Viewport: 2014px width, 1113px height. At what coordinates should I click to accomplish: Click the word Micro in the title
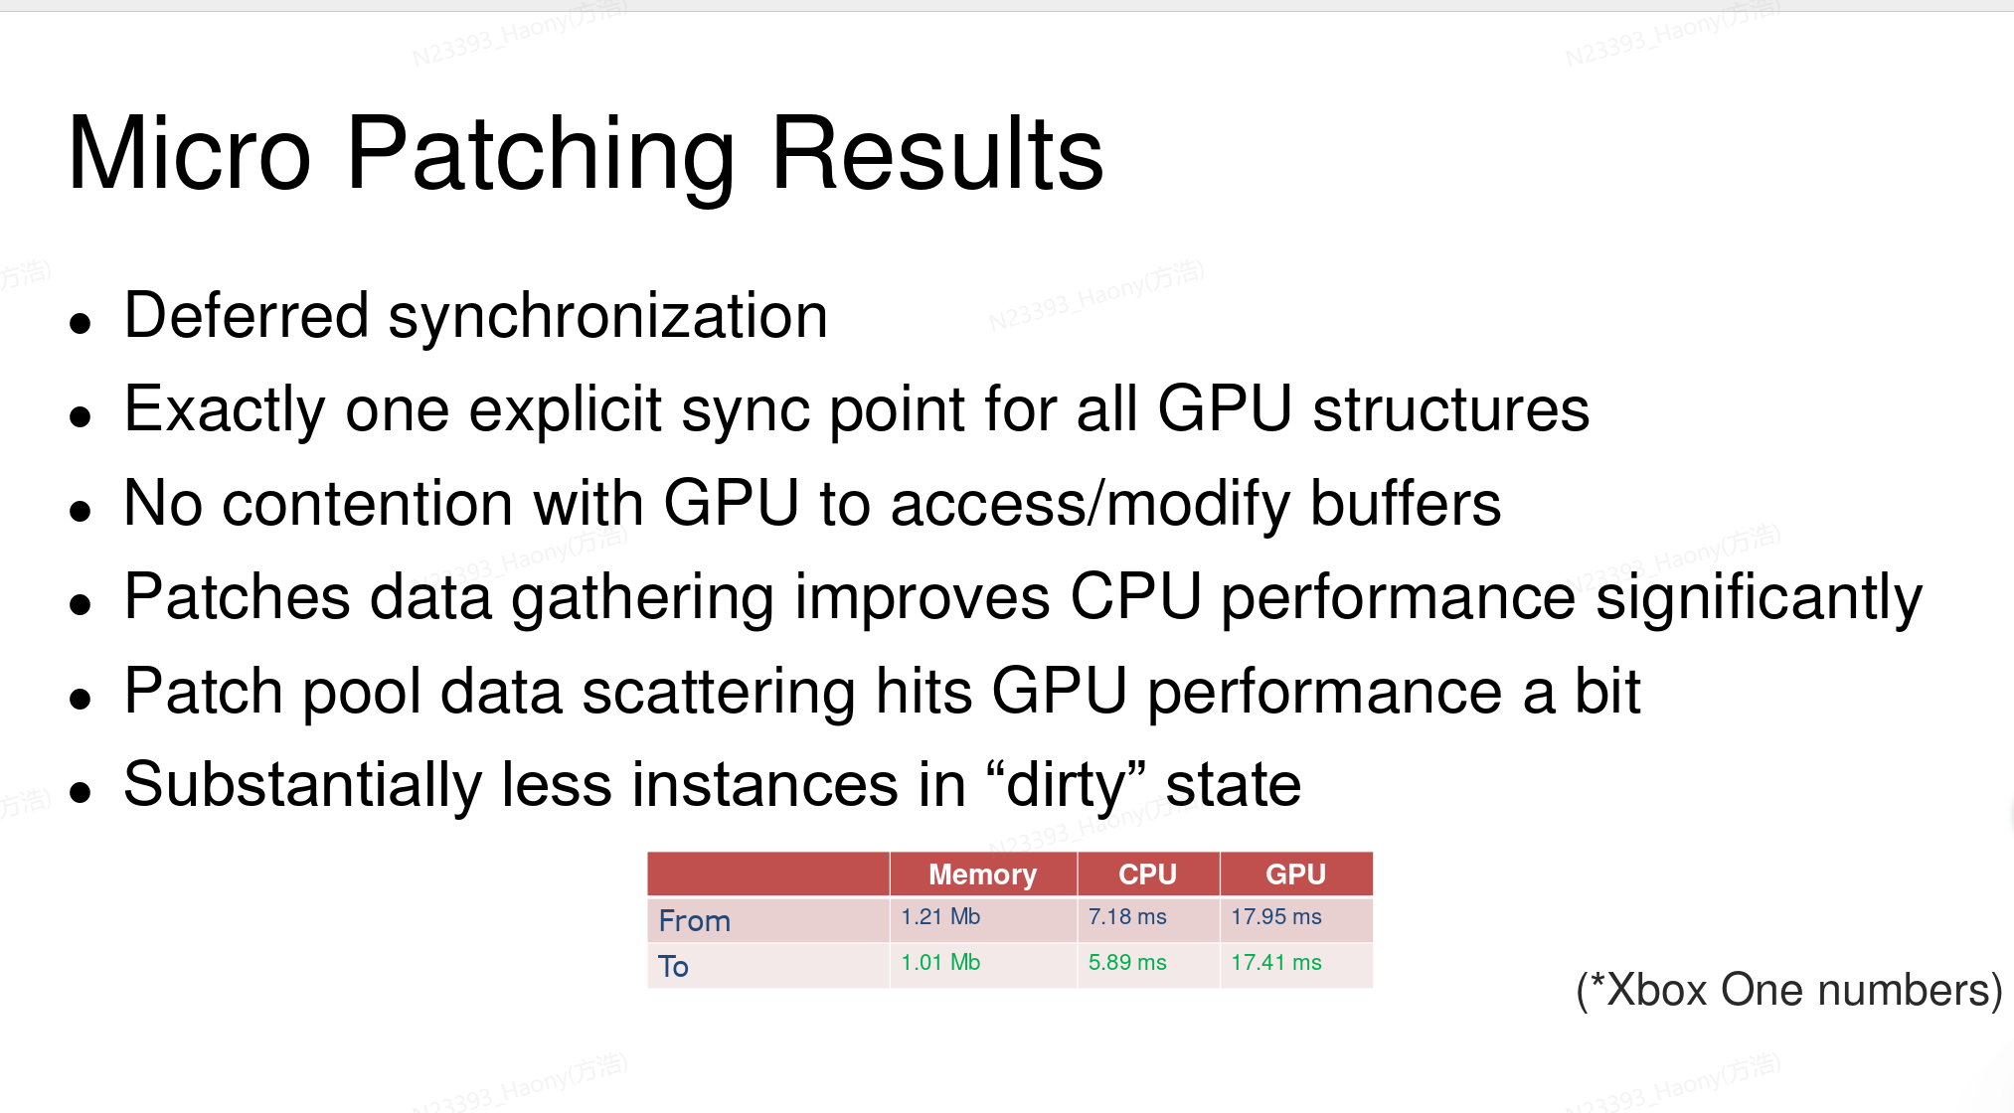[x=190, y=154]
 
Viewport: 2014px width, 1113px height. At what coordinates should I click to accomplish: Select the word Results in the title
[x=936, y=154]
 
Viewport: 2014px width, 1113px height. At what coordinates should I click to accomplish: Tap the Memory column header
[x=982, y=874]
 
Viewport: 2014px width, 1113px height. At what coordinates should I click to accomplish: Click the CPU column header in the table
[x=1147, y=874]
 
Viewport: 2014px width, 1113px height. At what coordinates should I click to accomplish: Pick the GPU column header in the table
[x=1295, y=874]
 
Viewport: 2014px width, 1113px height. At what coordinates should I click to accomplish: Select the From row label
[x=694, y=921]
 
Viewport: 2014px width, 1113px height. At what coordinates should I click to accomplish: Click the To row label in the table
[x=673, y=966]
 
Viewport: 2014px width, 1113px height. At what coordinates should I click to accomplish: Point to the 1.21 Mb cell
[x=940, y=916]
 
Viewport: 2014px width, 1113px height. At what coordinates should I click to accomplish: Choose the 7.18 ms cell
[x=1127, y=916]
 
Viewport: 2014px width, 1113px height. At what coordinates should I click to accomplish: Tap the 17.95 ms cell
[x=1276, y=916]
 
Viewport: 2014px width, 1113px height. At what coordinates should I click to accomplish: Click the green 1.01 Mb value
[x=940, y=962]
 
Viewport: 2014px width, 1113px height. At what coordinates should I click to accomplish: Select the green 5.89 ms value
[x=1127, y=962]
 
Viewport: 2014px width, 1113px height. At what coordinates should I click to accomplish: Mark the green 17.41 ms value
[x=1276, y=962]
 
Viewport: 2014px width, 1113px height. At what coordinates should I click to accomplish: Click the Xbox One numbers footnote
[x=1789, y=990]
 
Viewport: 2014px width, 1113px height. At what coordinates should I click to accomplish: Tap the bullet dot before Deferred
[x=81, y=323]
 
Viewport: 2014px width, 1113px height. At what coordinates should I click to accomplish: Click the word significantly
[x=1760, y=599]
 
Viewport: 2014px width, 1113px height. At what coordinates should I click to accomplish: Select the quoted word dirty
[x=1067, y=786]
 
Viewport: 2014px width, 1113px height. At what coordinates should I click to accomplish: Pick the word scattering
[x=719, y=693]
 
